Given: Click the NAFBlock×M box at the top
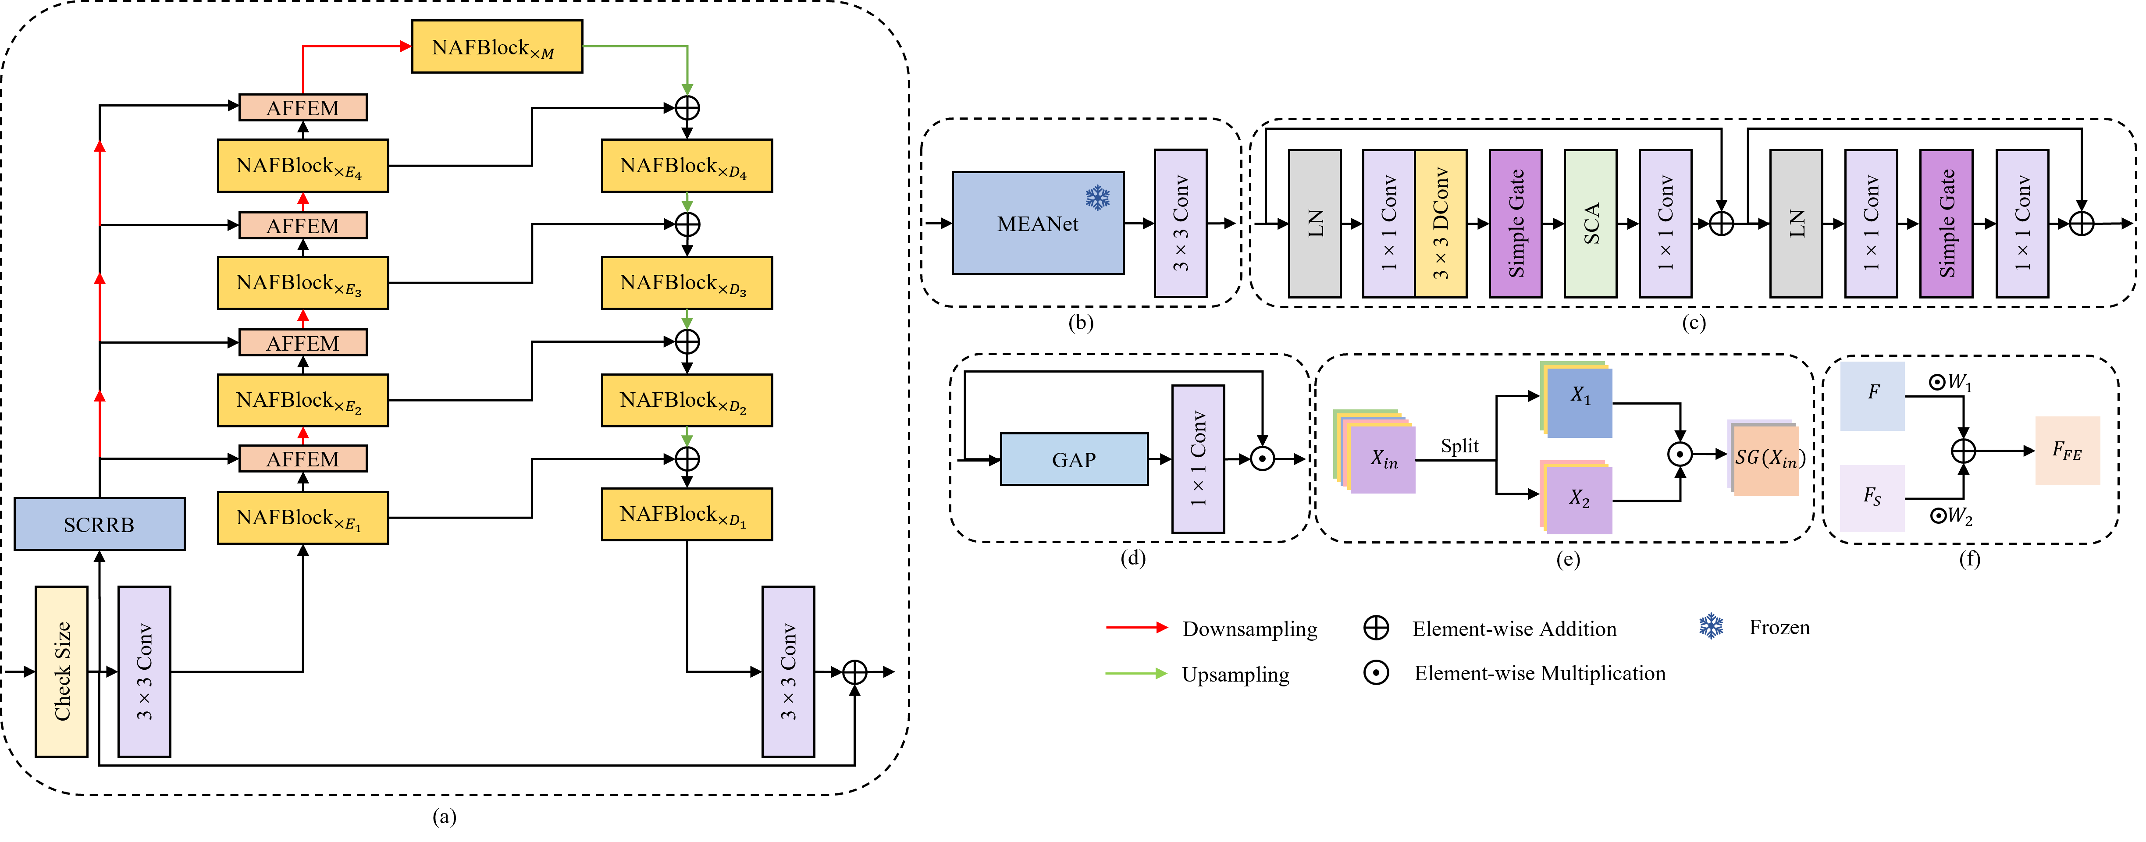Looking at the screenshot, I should click(x=497, y=46).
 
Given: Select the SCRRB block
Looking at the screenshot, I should click(x=99, y=524).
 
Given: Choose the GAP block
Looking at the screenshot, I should click(x=1074, y=459).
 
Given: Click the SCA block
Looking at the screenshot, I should click(x=1591, y=223).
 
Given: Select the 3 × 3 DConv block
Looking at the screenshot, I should click(x=1441, y=223).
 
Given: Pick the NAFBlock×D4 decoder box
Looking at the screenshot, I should click(x=687, y=166).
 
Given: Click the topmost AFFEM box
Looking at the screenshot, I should click(x=303, y=107).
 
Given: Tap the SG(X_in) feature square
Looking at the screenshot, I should click(x=1765, y=458).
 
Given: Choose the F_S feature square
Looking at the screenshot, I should click(x=1872, y=498).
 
